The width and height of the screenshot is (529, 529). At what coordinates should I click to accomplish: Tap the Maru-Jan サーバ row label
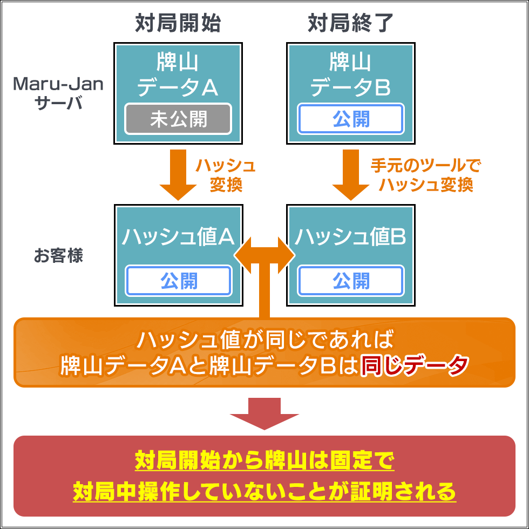click(58, 93)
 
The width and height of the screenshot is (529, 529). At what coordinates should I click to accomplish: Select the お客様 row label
click(58, 255)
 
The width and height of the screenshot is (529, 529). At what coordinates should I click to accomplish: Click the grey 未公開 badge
click(178, 119)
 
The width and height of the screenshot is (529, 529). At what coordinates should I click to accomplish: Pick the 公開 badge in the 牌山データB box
click(351, 119)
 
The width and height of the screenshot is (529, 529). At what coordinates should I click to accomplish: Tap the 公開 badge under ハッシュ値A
click(178, 281)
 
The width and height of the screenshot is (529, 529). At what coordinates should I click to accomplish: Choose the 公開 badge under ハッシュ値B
click(351, 281)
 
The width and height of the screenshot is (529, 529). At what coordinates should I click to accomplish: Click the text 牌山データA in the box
click(178, 74)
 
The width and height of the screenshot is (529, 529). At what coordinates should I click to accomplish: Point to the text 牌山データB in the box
click(351, 74)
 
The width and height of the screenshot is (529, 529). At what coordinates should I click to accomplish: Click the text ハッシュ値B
click(351, 236)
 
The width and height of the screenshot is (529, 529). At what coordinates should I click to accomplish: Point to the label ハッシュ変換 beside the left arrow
click(225, 175)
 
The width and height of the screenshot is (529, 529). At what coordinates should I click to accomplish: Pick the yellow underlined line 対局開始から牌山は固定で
click(264, 462)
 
